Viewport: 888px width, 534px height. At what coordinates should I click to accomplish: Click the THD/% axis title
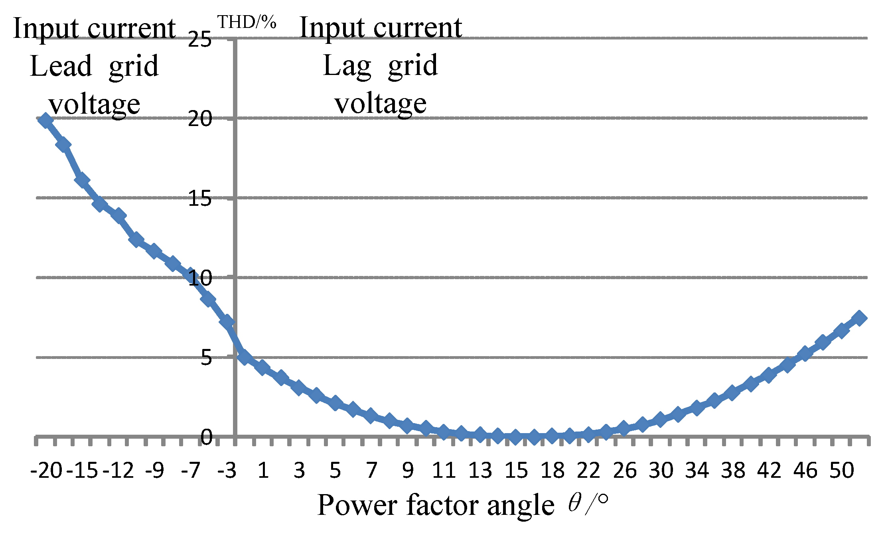(x=247, y=23)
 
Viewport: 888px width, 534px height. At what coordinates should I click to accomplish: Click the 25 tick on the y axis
(x=199, y=40)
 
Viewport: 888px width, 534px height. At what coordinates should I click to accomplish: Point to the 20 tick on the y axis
(x=199, y=119)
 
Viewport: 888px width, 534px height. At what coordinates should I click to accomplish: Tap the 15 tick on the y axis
(x=199, y=198)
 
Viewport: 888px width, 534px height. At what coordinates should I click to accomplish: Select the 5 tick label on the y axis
(x=206, y=358)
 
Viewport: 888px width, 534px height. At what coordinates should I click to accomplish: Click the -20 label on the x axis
(x=47, y=471)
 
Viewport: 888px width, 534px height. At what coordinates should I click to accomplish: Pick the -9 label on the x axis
(x=154, y=471)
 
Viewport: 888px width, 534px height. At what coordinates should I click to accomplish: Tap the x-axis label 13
(x=480, y=471)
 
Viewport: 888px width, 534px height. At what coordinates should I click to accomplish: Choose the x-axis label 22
(x=588, y=471)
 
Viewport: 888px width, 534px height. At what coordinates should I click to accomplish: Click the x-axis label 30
(x=661, y=471)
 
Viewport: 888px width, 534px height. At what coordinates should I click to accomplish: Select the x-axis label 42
(x=770, y=471)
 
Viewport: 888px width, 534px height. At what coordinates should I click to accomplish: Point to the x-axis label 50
(x=842, y=471)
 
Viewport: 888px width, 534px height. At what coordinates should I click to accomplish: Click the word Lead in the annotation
(x=61, y=66)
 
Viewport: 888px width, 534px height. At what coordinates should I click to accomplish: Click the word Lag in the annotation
(x=347, y=66)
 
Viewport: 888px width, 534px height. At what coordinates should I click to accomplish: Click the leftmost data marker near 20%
(x=45, y=120)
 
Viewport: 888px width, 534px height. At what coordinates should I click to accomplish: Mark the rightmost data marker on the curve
(x=859, y=318)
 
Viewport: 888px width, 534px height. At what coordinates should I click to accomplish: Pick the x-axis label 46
(x=805, y=471)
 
